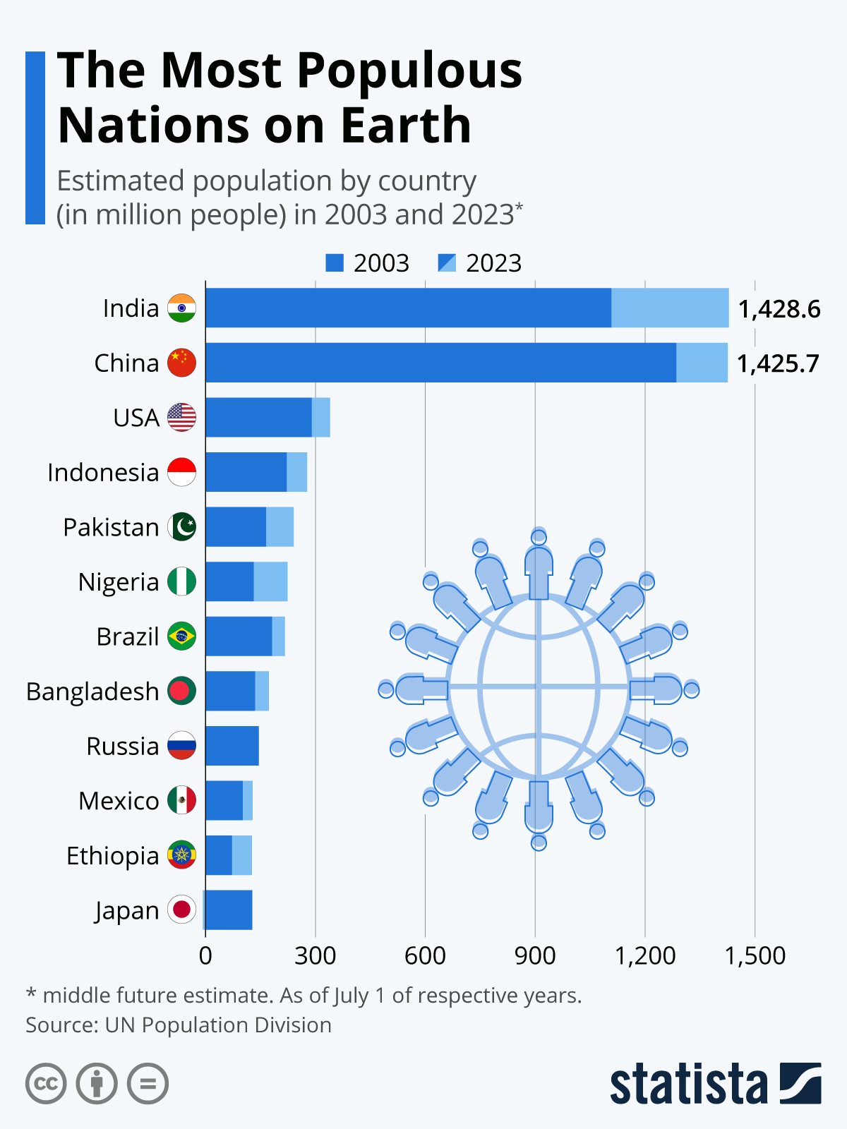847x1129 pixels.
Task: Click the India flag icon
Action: [181, 308]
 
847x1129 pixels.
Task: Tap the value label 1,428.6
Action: [779, 309]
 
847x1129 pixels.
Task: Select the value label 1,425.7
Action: [778, 363]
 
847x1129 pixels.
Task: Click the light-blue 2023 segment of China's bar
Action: [702, 363]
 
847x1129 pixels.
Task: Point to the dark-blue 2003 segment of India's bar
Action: [408, 308]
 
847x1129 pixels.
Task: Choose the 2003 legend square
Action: [334, 263]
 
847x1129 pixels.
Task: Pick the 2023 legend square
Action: [447, 263]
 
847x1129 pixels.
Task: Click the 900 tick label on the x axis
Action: [535, 955]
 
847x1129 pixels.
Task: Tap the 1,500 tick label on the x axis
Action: [755, 955]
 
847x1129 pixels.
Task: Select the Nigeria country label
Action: [119, 582]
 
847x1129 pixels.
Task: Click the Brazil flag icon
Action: [181, 636]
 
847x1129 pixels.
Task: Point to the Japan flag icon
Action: [181, 910]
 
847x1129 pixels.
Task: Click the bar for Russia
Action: [232, 746]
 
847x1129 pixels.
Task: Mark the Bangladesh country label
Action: [92, 692]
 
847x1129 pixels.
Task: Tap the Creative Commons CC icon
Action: [46, 1083]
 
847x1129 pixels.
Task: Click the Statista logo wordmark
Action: [688, 1084]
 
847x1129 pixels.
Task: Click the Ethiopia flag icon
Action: [181, 855]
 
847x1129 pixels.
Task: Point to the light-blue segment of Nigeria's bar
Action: [270, 581]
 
